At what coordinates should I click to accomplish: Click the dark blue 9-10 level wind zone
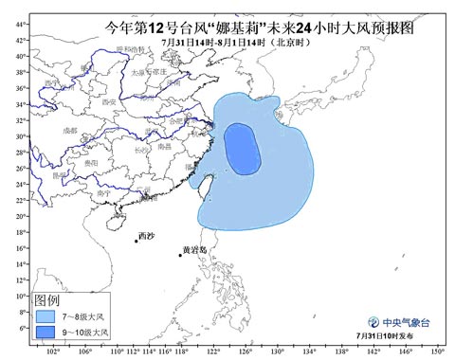tap(242, 149)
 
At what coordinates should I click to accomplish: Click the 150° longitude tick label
tap(435, 351)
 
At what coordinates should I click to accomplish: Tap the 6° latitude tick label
tap(22, 328)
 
